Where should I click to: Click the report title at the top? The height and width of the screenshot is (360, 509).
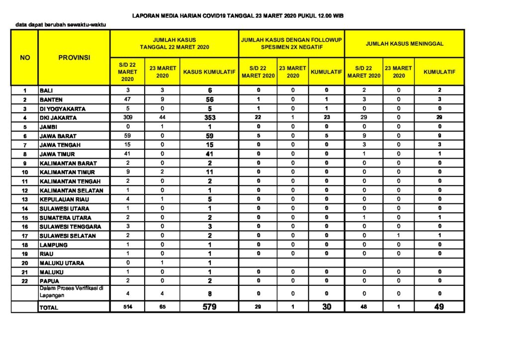point(238,16)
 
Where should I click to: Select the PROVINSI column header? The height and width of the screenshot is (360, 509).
point(74,58)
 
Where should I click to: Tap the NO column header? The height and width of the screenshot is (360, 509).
point(25,58)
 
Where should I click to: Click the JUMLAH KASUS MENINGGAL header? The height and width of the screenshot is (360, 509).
point(405,44)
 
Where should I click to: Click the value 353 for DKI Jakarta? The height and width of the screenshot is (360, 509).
point(209,118)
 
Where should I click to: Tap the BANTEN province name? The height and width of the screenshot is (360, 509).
point(51,99)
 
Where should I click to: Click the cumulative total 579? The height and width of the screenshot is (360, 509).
point(209,307)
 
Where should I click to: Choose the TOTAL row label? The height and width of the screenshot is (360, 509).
point(49,308)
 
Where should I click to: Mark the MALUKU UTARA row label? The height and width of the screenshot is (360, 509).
point(62,263)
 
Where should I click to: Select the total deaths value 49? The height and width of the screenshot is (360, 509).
point(439,307)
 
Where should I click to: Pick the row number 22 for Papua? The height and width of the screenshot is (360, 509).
point(25,281)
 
